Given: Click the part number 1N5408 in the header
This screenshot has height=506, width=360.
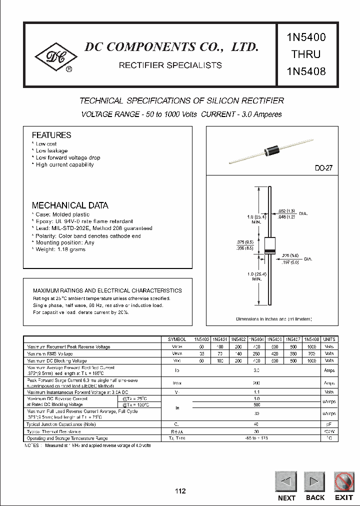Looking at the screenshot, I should (306, 71).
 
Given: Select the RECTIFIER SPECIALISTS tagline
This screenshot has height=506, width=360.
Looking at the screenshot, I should (170, 65).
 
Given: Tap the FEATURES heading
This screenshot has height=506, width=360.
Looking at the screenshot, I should (51, 135).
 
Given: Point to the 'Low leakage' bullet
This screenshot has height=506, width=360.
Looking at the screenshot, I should (51, 150).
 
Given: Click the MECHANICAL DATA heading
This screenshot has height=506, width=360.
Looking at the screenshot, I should (70, 205).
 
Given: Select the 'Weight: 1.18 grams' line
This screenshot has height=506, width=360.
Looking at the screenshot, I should (60, 249).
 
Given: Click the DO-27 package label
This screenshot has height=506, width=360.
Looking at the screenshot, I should (323, 168).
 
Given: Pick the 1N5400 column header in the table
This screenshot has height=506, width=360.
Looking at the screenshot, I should (200, 339).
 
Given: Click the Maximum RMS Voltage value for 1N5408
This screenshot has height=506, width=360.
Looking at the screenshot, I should (312, 353).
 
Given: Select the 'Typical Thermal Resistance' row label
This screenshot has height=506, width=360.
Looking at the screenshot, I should (53, 431).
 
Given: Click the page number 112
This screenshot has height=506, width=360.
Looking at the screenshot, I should (180, 491).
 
